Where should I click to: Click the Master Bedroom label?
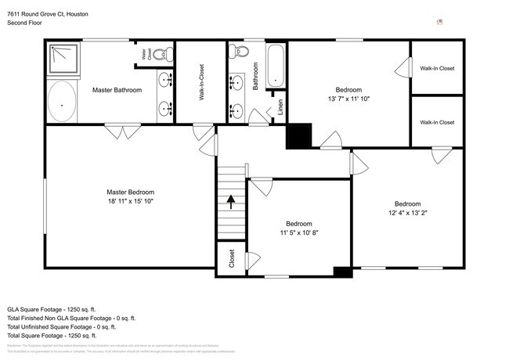click(x=130, y=192)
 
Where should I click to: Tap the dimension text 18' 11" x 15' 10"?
click(x=130, y=201)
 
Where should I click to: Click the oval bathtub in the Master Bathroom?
click(x=63, y=102)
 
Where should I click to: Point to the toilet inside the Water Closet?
click(x=162, y=55)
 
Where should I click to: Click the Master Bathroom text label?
click(x=117, y=90)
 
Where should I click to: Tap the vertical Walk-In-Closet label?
click(x=201, y=82)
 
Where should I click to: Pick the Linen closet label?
click(x=281, y=106)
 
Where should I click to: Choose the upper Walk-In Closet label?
click(x=437, y=68)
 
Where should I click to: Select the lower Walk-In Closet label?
click(x=437, y=122)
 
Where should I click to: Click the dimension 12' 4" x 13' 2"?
click(x=407, y=213)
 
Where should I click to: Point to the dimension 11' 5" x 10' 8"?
click(x=298, y=232)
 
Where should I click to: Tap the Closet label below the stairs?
click(x=232, y=258)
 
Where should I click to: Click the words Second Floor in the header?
click(x=25, y=23)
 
